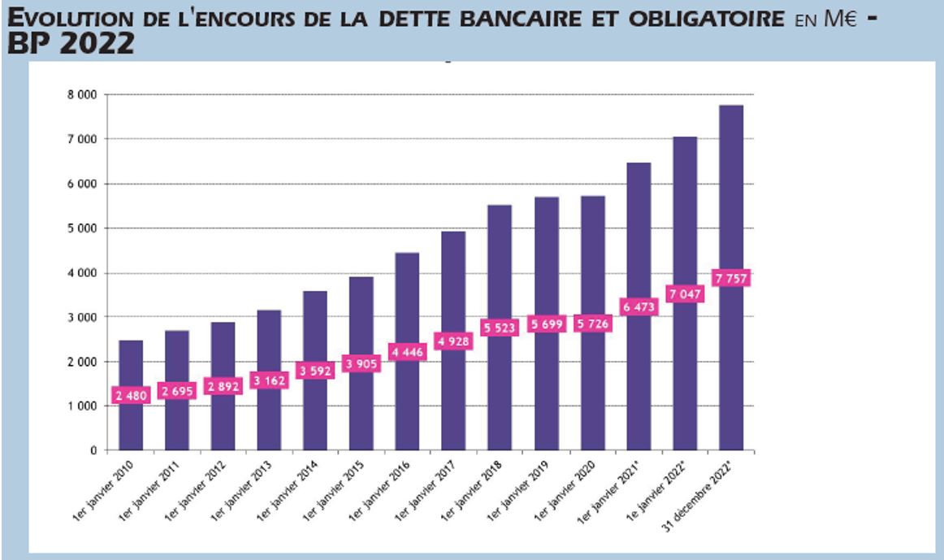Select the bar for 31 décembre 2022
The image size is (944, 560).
coord(731,203)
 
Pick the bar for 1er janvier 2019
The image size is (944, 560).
coord(546,260)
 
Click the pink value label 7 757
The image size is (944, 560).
coord(730,278)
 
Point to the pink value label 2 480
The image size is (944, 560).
coord(130,396)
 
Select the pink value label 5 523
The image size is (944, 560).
coord(500,328)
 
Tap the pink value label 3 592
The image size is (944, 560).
coord(315,371)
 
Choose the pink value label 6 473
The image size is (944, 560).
coord(638,306)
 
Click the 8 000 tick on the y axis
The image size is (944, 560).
coord(81,95)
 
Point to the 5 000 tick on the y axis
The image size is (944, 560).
coord(81,228)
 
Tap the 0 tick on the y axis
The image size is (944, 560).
coord(93,449)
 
